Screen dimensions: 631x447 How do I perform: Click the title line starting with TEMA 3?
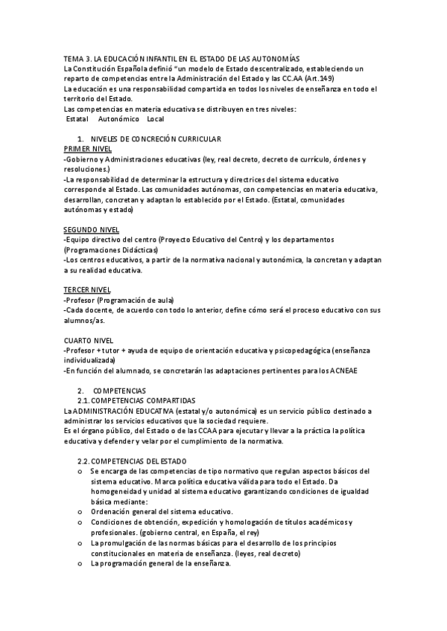pyautogui.click(x=181, y=59)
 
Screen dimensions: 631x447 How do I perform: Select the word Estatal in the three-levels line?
pyautogui.click(x=77, y=119)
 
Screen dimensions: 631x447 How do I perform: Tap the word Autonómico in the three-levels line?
pyautogui.click(x=118, y=119)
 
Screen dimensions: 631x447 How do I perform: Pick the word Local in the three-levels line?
pyautogui.click(x=156, y=119)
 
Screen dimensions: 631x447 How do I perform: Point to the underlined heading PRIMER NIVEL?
pyautogui.click(x=88, y=149)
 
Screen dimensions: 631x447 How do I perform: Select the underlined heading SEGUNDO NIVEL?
pyautogui.click(x=92, y=229)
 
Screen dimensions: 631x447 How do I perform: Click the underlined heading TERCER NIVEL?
pyautogui.click(x=87, y=289)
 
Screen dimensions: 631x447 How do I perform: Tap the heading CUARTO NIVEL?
pyautogui.click(x=89, y=340)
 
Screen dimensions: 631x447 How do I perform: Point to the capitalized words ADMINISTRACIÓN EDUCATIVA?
pyautogui.click(x=120, y=411)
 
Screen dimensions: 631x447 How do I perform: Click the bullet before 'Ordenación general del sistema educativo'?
pyautogui.click(x=80, y=511)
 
